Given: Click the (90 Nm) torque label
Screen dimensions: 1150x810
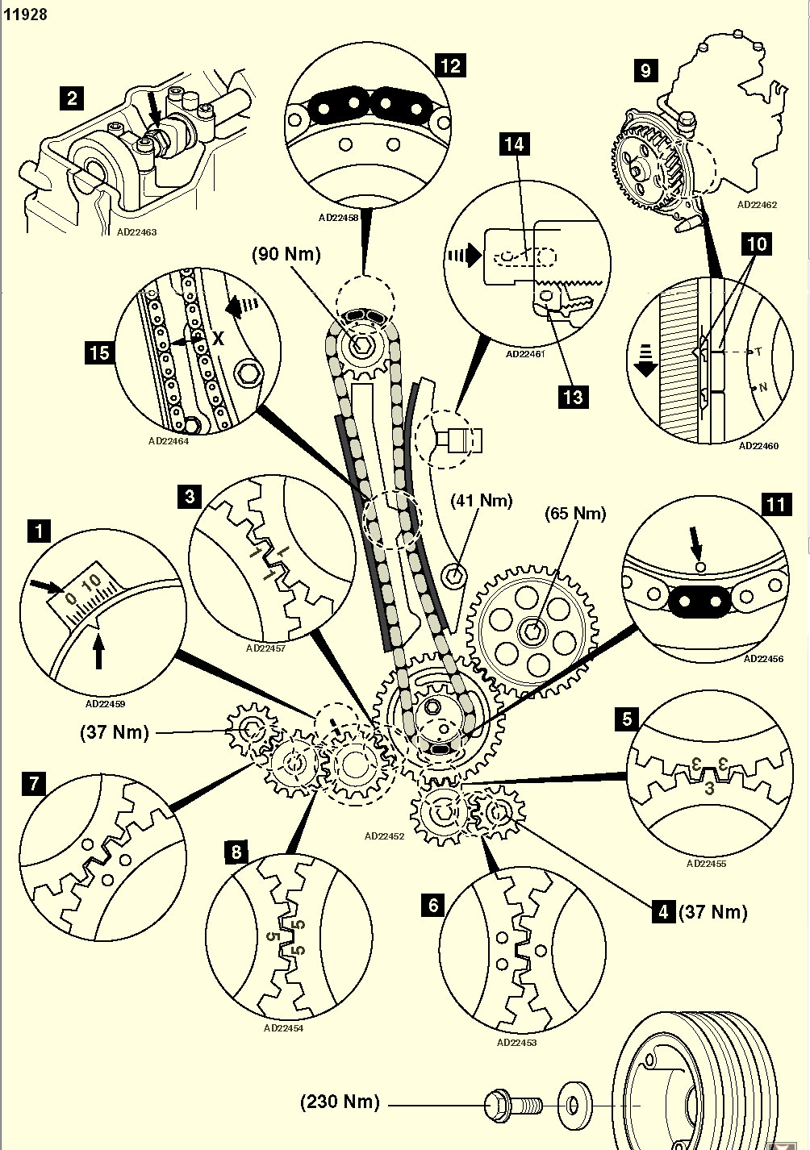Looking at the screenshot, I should pos(286,254).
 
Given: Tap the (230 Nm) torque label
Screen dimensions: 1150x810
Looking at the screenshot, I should pos(340,1102).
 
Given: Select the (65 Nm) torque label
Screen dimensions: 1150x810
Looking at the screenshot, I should pos(575,514).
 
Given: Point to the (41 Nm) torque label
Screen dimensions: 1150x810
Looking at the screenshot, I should pos(482,501).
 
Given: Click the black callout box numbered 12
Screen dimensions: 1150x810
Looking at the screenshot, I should pos(450,65).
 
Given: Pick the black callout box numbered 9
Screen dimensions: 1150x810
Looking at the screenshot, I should pos(645,70).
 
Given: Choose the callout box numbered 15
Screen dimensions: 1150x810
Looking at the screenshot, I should pos(98,352).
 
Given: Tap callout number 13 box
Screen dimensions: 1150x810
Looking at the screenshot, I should pos(573,397).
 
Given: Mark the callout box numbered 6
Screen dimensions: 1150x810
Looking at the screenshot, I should pos(433,905).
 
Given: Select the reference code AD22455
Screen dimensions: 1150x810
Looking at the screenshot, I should pos(706,864).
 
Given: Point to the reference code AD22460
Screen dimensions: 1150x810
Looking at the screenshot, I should pos(758,446).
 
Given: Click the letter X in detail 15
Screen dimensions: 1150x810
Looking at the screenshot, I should pos(218,340).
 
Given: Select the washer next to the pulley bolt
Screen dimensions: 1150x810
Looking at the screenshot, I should pos(574,1102).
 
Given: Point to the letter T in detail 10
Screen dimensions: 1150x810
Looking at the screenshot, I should pos(758,352).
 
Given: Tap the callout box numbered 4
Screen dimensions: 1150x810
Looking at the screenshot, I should pos(663,912).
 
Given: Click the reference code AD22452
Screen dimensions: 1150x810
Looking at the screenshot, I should pos(384,836).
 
